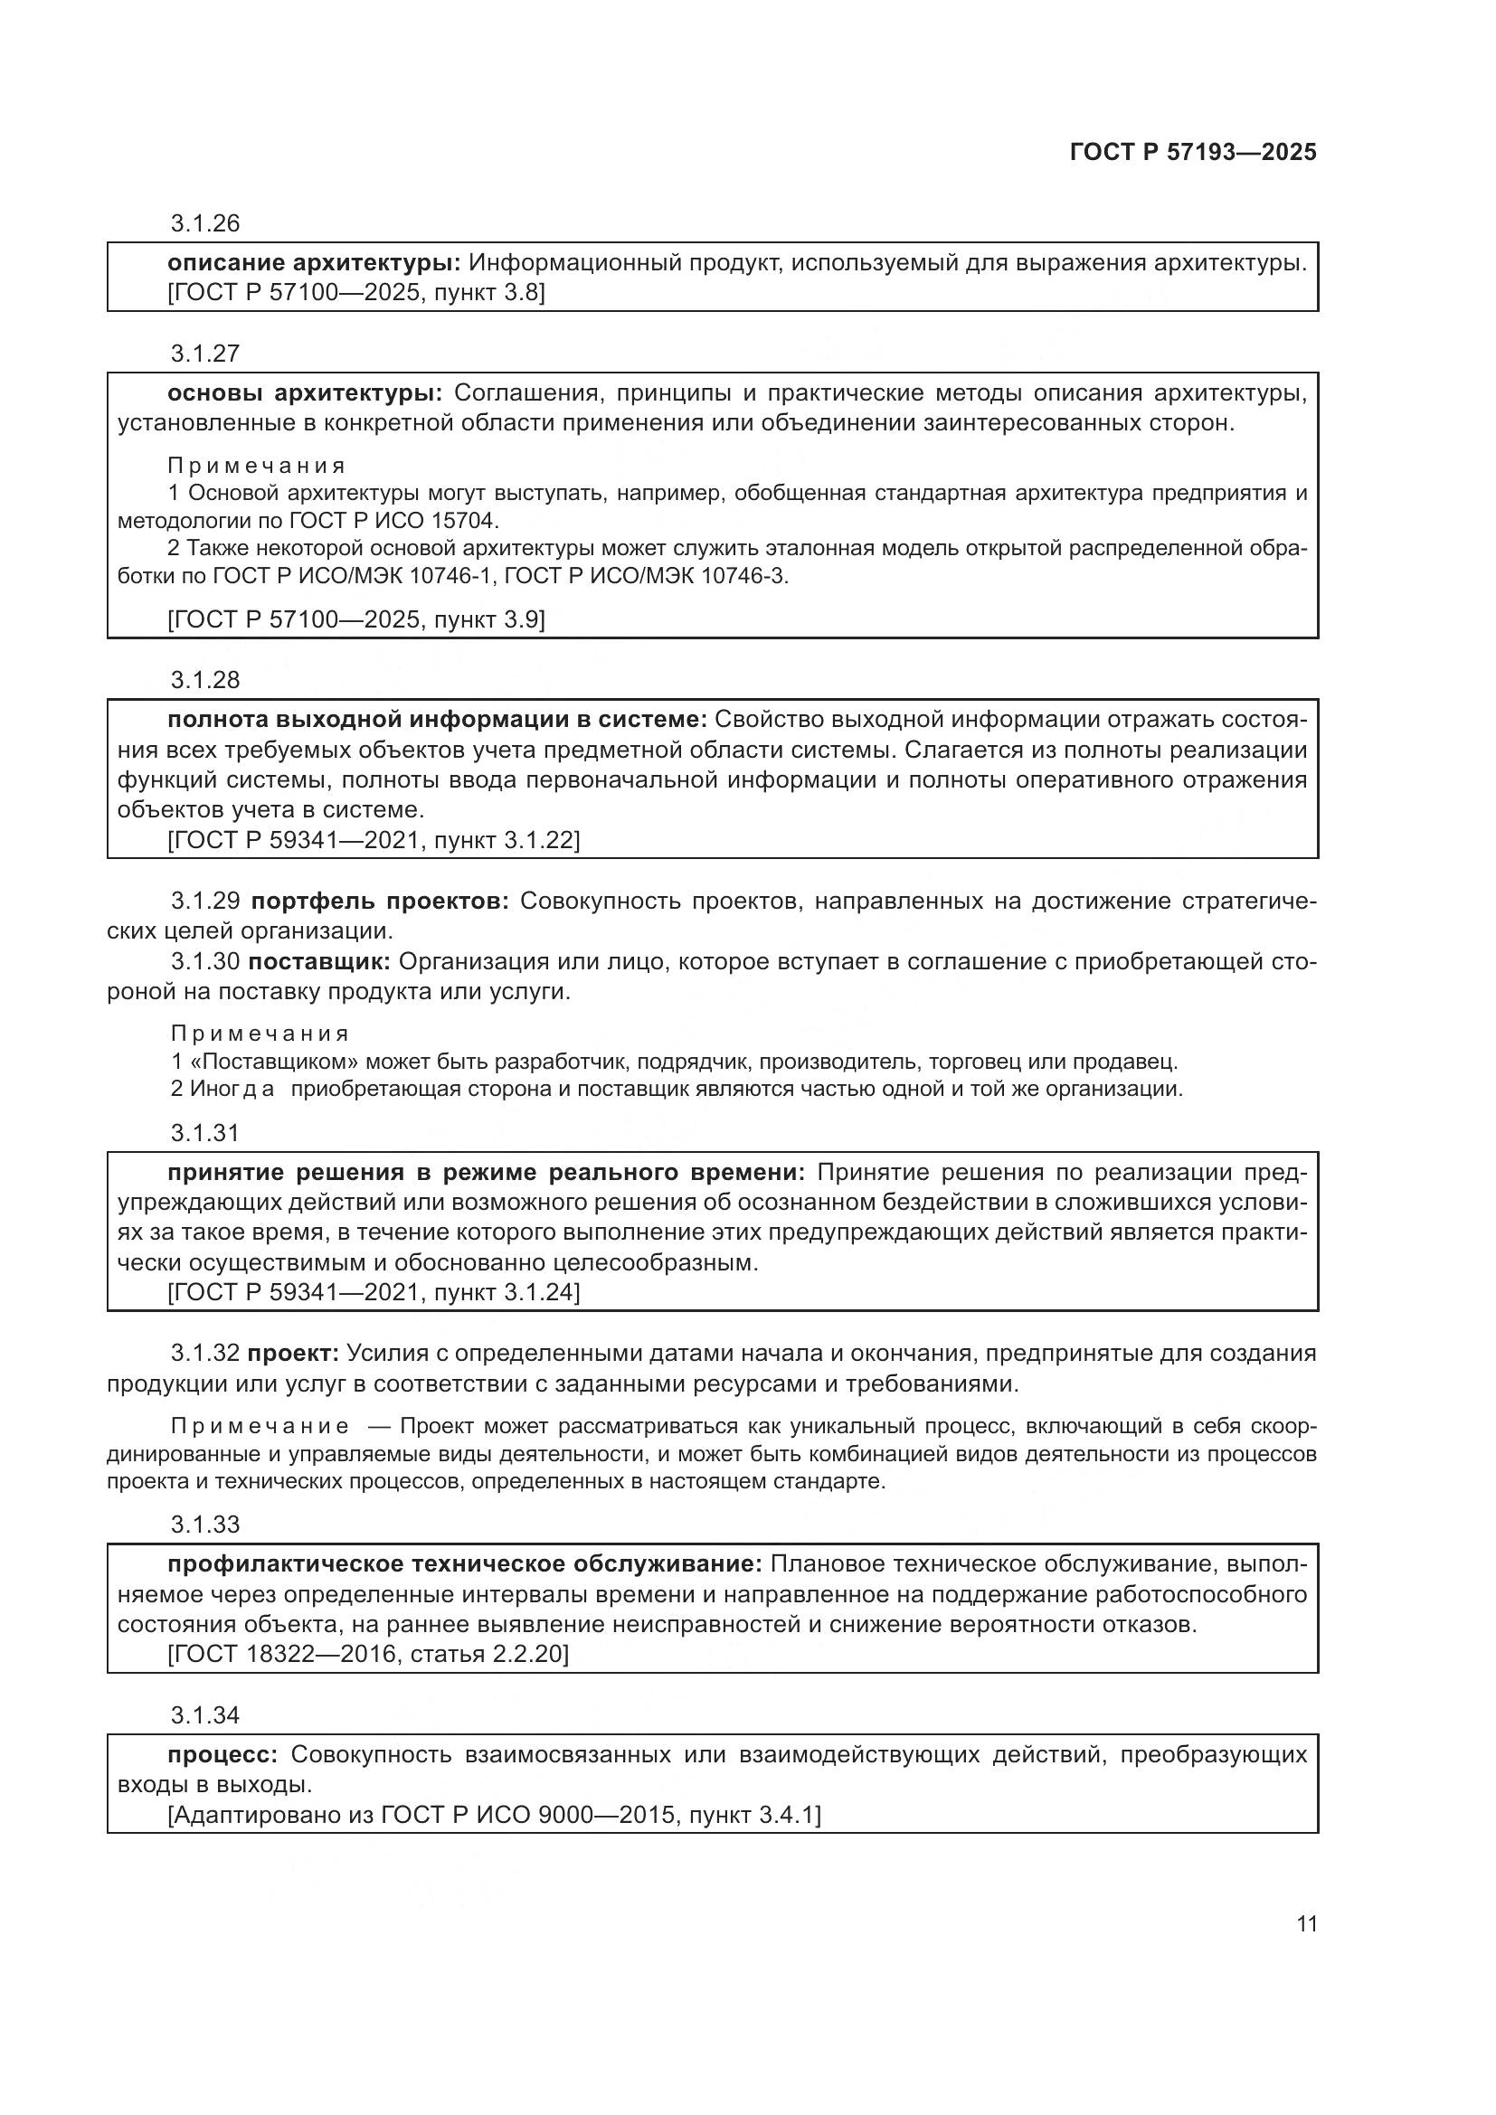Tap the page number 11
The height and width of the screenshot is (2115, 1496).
1306,1923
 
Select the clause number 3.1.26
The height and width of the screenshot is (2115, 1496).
204,223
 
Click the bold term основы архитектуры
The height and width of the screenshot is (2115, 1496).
304,393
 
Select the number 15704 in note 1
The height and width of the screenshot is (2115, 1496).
464,521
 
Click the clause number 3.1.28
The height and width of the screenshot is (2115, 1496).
204,680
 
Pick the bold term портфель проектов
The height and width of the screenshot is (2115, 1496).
380,901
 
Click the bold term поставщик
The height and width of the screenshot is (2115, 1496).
319,962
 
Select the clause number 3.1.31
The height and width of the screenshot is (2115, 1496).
204,1132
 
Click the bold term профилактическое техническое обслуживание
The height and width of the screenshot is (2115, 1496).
464,1564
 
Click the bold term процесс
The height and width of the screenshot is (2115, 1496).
222,1754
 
